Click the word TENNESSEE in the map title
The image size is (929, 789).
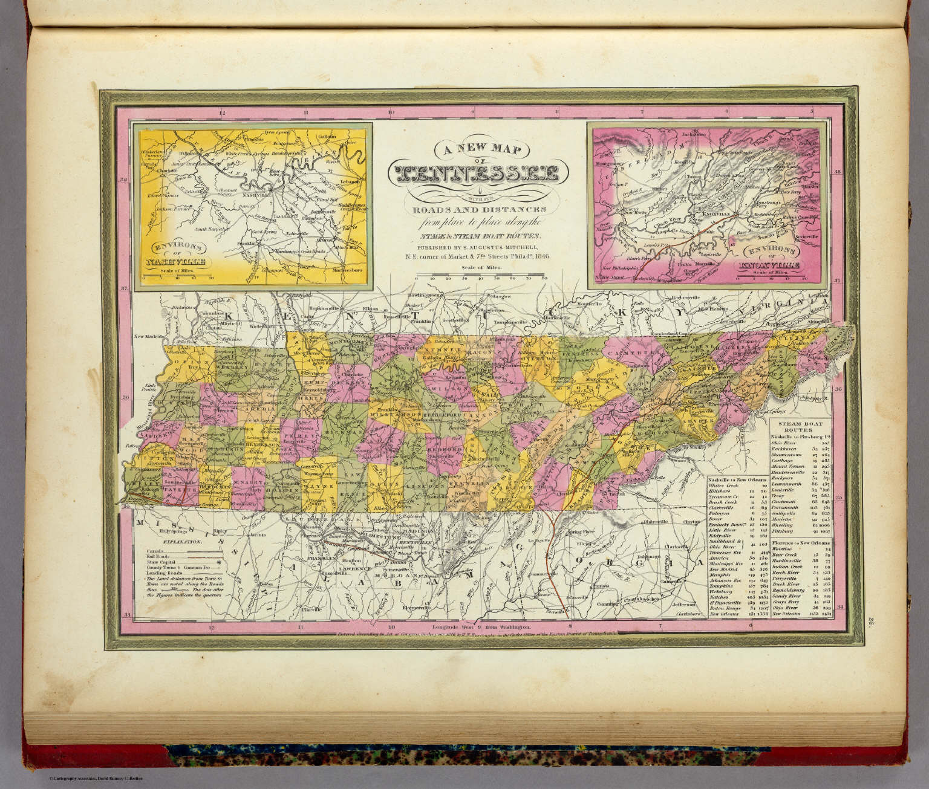point(474,174)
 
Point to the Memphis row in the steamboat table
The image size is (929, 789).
point(723,574)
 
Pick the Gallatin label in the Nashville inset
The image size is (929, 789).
point(326,137)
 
